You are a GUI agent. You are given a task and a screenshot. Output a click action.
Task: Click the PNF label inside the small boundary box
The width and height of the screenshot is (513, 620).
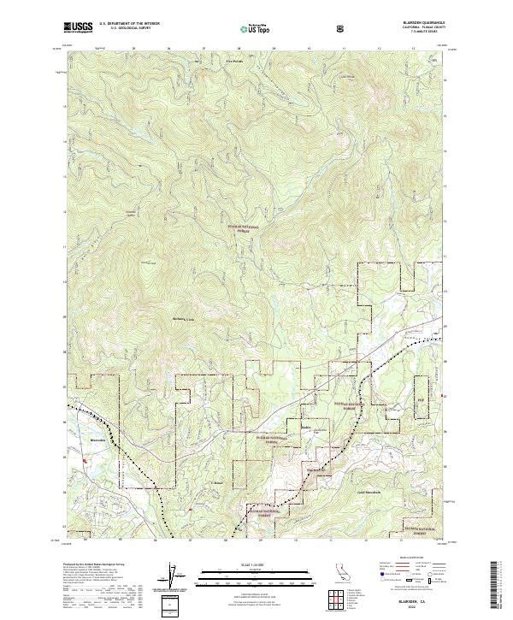(421, 399)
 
